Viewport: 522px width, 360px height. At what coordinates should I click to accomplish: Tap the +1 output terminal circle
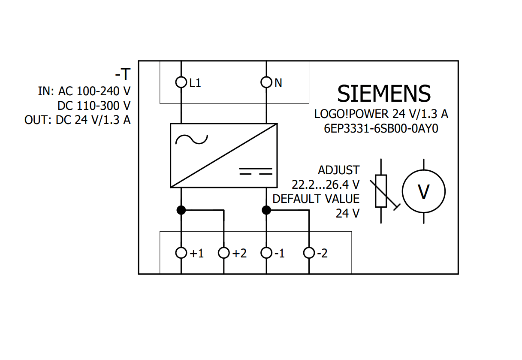(181, 253)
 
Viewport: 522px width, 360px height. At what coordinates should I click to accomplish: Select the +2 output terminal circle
(223, 253)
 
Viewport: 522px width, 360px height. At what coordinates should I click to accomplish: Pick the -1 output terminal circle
(266, 253)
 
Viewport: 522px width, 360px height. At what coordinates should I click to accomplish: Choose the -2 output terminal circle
(309, 253)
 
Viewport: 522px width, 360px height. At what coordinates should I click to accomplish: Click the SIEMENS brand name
(384, 94)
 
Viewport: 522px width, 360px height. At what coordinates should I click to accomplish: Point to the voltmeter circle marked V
(423, 192)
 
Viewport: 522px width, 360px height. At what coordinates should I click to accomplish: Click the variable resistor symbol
(381, 191)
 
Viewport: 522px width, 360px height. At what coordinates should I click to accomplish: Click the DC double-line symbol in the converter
(256, 171)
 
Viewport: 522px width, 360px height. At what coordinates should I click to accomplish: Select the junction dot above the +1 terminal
(181, 210)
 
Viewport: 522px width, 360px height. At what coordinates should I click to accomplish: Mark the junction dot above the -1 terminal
(266, 210)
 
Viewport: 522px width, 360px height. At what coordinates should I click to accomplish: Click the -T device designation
(122, 75)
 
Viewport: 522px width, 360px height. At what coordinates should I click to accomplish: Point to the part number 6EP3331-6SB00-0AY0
(381, 129)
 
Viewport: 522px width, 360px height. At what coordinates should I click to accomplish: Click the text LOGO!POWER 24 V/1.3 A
(381, 114)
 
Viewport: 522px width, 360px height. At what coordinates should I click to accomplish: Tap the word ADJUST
(338, 170)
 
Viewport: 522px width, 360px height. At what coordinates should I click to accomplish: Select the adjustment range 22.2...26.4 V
(326, 185)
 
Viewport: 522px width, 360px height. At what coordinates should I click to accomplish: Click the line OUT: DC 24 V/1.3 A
(78, 120)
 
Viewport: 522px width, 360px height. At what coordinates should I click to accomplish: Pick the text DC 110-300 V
(94, 106)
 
